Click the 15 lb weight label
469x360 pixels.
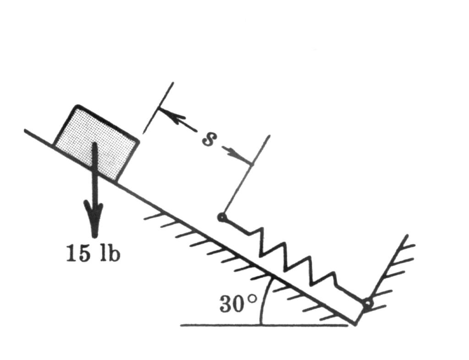click(x=93, y=254)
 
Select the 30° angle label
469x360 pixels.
click(x=238, y=304)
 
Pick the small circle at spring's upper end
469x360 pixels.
click(x=222, y=218)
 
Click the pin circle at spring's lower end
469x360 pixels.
click(x=368, y=304)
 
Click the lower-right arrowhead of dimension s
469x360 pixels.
click(x=239, y=155)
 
